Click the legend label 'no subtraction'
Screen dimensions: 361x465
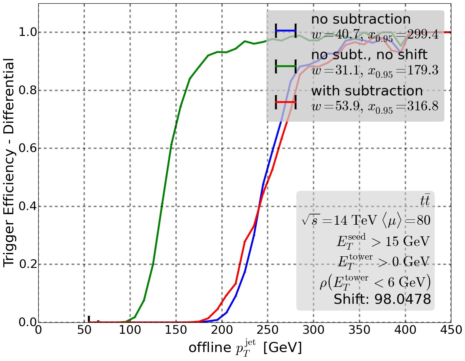click(361, 19)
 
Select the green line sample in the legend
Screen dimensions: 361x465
click(286, 66)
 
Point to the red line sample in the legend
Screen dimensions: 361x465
click(286, 102)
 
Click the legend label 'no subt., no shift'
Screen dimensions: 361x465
click(369, 55)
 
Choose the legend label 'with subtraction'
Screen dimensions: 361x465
click(367, 91)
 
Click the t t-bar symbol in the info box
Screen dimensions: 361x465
click(425, 201)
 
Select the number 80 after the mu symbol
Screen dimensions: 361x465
click(423, 220)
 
